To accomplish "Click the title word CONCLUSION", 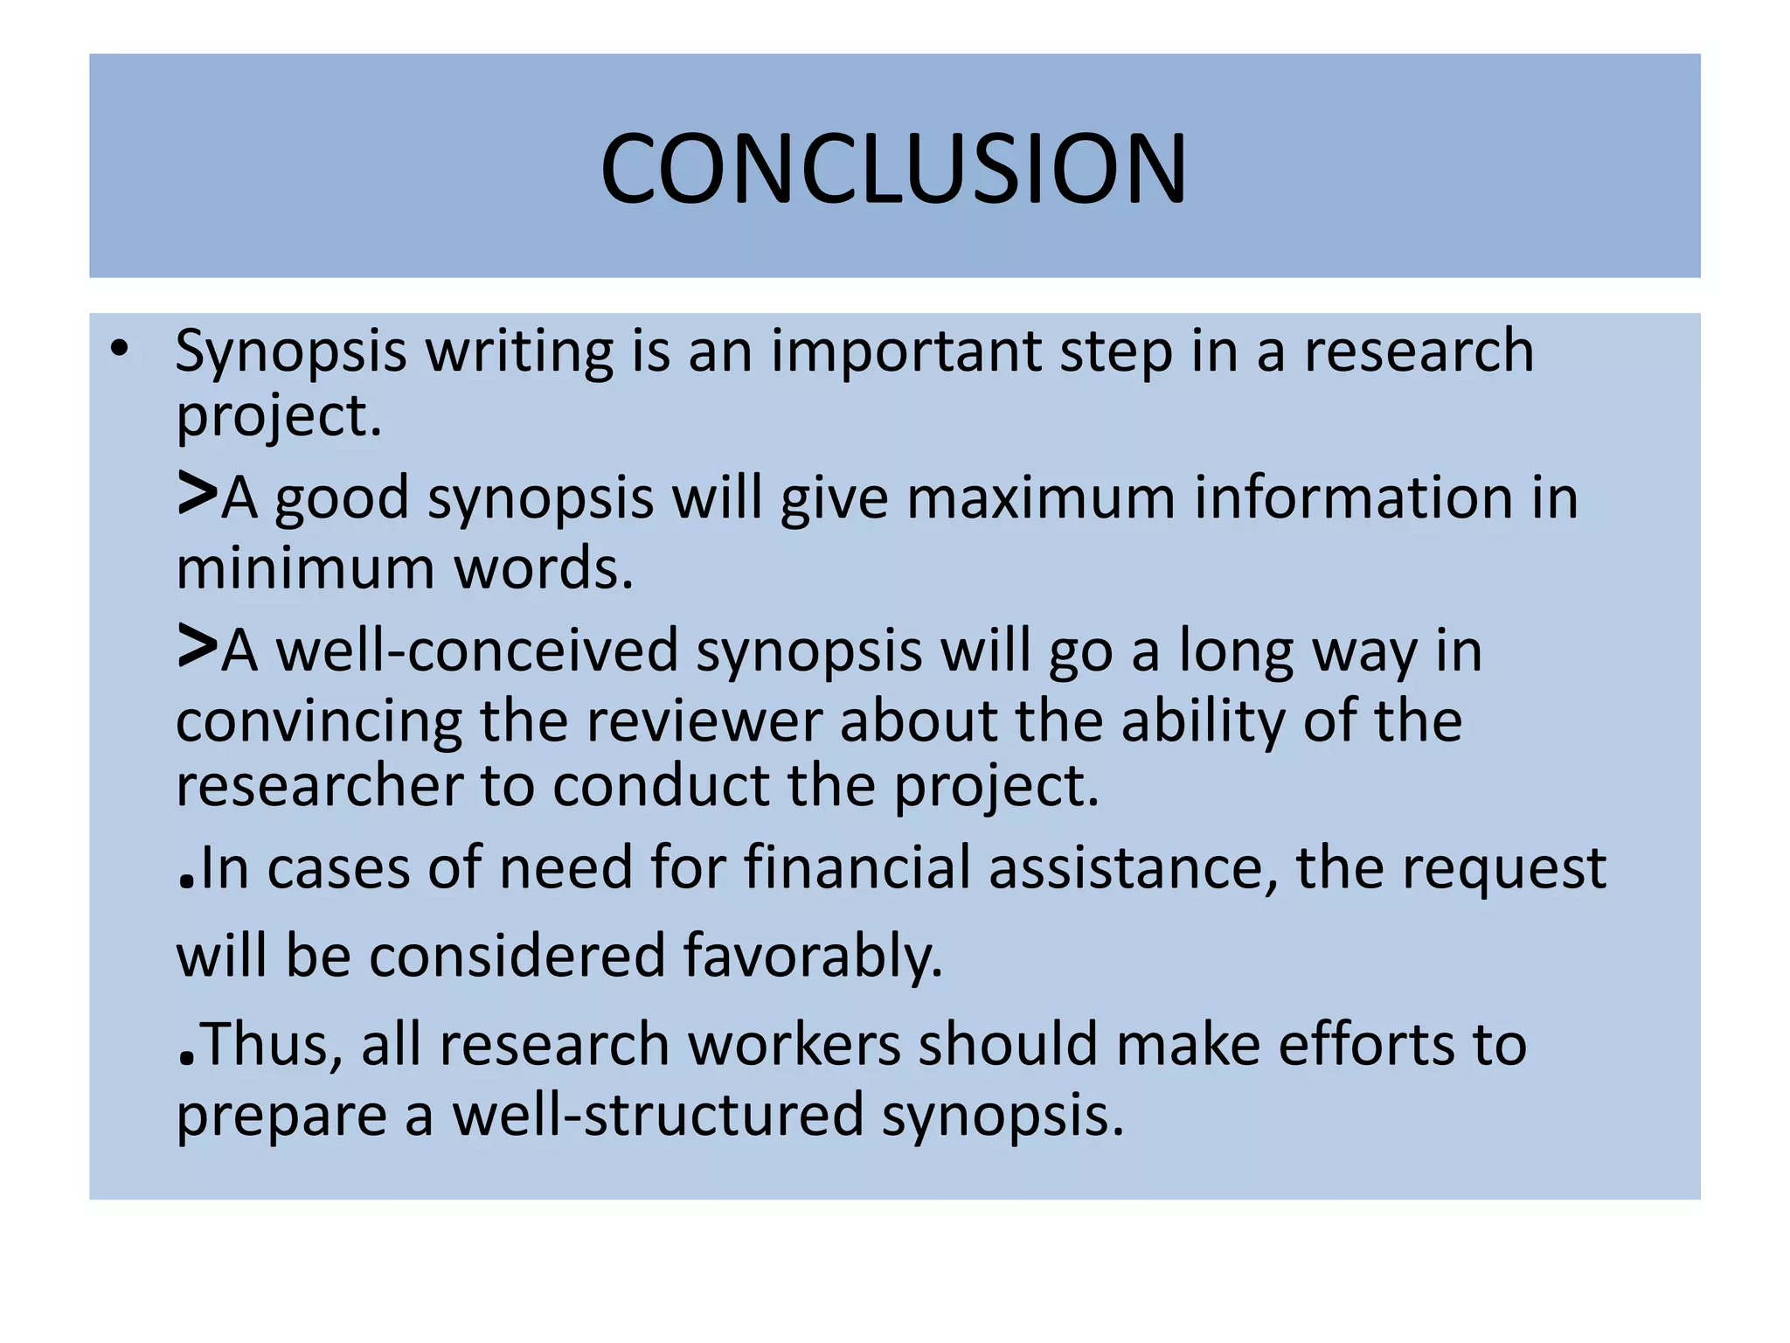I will (893, 168).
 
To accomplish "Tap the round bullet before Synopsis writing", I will (120, 350).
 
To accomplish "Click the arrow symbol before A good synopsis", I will (197, 494).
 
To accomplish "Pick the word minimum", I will (305, 568).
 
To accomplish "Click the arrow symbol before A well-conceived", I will (197, 647).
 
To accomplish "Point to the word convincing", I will (318, 722).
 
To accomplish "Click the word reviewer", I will (704, 722).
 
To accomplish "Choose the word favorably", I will (813, 956).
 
